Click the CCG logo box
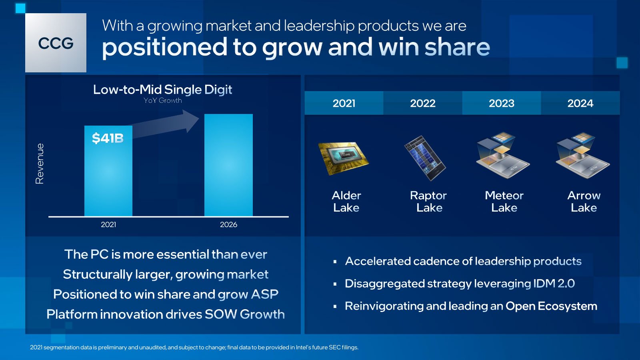(x=56, y=43)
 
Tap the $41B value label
(x=108, y=138)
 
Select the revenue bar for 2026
(x=228, y=165)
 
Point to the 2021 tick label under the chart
(x=108, y=224)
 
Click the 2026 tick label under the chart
(x=228, y=224)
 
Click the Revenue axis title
(x=40, y=164)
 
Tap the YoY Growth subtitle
(x=162, y=100)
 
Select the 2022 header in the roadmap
(x=423, y=103)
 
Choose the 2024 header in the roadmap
(x=580, y=103)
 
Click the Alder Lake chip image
(x=344, y=158)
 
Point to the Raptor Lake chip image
(x=425, y=158)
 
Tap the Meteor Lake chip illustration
(x=503, y=156)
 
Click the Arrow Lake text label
(x=584, y=202)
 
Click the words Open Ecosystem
(x=552, y=306)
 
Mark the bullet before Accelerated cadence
(x=335, y=262)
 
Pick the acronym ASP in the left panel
(x=264, y=294)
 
